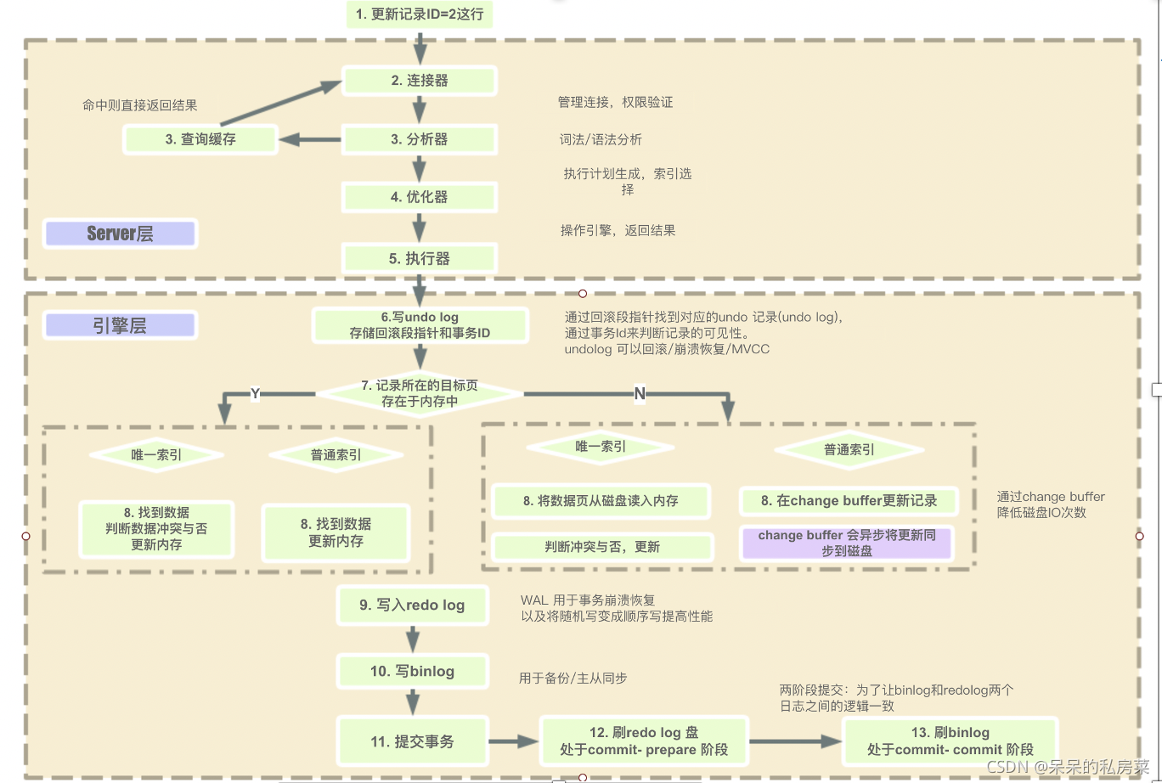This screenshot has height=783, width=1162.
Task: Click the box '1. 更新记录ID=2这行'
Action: click(420, 14)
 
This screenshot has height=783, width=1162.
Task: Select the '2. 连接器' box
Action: click(420, 81)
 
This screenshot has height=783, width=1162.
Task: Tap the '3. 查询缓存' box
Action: click(200, 139)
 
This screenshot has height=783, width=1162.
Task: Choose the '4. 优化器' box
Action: click(420, 197)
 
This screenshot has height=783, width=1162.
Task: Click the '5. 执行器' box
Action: click(420, 258)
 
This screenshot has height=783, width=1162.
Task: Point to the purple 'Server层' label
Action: click(120, 234)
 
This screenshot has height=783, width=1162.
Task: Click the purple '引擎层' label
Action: click(120, 324)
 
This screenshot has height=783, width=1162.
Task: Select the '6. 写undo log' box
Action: click(420, 325)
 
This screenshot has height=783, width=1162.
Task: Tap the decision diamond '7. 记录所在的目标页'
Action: click(420, 393)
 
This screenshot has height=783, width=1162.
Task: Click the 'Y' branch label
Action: click(255, 392)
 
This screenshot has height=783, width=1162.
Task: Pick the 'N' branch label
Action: click(640, 393)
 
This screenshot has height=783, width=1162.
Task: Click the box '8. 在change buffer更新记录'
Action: click(849, 501)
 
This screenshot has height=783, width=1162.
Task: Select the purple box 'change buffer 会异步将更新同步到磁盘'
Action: click(847, 543)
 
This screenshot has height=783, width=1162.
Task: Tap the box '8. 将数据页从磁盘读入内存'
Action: click(601, 501)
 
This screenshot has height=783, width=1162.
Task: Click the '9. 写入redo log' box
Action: click(412, 605)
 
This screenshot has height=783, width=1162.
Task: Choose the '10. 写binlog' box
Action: click(412, 671)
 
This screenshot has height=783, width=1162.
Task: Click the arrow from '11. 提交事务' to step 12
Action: click(513, 741)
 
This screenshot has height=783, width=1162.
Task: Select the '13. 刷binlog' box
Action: click(950, 741)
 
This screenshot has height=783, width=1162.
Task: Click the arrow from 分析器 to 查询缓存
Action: click(310, 140)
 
